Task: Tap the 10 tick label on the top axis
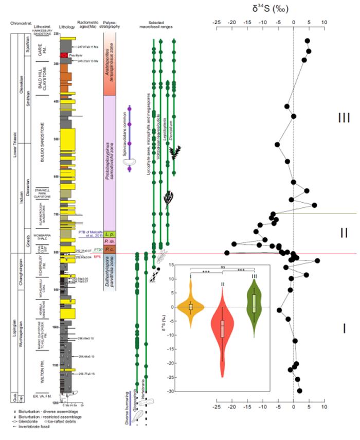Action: [324, 23]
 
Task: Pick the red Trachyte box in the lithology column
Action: [64, 55]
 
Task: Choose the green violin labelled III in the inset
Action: [255, 304]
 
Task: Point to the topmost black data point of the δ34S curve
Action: [308, 41]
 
